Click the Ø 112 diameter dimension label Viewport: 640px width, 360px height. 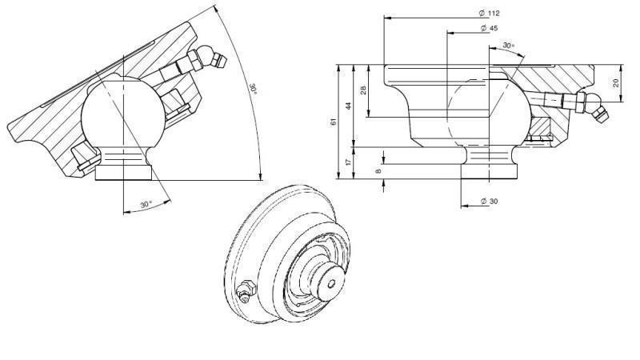point(489,14)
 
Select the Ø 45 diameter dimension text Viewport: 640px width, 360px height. point(489,28)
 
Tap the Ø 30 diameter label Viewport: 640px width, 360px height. point(489,201)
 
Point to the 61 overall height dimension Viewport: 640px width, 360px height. point(334,122)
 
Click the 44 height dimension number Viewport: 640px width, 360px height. point(349,106)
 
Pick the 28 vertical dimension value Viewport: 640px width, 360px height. point(363,90)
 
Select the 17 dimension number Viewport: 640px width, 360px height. point(349,162)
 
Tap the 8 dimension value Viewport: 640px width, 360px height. point(378,170)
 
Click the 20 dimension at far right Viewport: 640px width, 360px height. point(615,83)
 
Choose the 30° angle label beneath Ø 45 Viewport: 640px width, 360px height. point(509,46)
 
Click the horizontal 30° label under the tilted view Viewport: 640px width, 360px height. point(146,205)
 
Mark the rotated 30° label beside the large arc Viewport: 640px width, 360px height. point(253,88)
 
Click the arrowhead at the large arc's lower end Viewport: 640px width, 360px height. point(261,178)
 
